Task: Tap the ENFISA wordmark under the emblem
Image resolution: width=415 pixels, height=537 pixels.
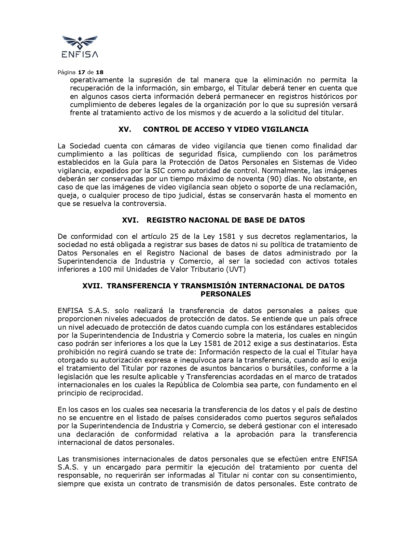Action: tap(80, 54)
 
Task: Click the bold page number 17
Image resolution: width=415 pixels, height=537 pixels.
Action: tap(81, 72)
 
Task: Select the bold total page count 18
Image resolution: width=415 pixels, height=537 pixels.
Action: tap(100, 72)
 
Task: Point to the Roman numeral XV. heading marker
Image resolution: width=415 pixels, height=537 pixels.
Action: tap(125, 129)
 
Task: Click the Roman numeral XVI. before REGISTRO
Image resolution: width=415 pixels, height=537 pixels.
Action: tap(130, 220)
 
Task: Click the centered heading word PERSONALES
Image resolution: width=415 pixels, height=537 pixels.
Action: tap(226, 294)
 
